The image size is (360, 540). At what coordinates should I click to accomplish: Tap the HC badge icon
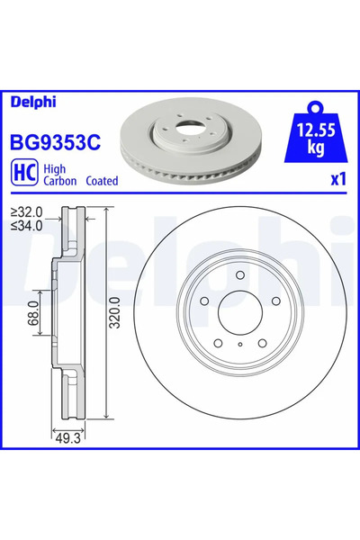(x=23, y=172)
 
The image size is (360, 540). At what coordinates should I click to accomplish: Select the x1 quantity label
(x=337, y=179)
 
